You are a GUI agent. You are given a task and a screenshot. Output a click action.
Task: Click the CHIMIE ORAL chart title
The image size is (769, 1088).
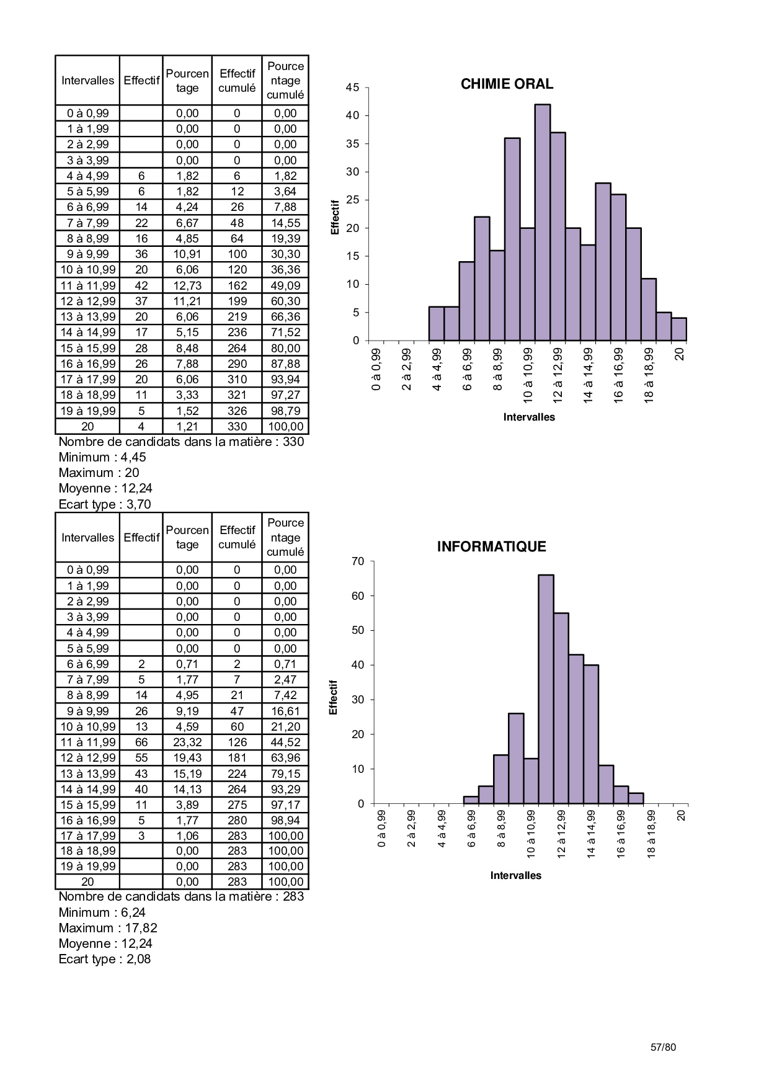[x=507, y=84]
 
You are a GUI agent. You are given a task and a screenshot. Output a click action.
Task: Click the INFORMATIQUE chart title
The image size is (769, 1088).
[x=491, y=546]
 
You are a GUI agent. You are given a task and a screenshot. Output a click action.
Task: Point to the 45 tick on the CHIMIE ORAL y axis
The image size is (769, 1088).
[x=352, y=87]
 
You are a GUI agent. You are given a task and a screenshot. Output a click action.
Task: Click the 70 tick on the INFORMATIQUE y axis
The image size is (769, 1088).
[x=358, y=561]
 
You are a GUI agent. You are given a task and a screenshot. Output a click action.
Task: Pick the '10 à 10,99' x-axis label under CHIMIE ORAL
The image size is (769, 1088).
[x=528, y=375]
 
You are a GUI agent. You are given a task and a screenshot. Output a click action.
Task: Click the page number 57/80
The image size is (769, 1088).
[x=663, y=1047]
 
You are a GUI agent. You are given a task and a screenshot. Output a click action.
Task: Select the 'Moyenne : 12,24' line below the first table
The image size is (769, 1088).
[x=105, y=488]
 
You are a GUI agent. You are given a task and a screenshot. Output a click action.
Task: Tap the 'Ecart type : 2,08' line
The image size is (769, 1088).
[x=104, y=959]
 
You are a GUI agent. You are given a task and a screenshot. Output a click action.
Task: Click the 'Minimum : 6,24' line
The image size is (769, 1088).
[x=102, y=912]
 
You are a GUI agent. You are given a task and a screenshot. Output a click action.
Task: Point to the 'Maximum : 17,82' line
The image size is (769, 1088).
[x=108, y=928]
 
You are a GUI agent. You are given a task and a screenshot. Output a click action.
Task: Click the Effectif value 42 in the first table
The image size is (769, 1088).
[x=141, y=285]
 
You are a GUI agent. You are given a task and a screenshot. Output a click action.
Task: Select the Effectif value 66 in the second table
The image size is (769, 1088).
[x=141, y=742]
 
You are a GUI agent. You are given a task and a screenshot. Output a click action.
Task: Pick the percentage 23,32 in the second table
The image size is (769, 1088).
[x=187, y=742]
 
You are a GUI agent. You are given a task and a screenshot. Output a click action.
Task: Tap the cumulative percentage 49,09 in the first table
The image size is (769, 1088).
[x=285, y=285]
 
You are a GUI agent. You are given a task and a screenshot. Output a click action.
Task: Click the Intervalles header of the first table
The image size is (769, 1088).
[x=87, y=81]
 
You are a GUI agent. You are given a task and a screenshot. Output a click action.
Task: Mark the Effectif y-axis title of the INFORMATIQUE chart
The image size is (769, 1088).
[x=334, y=697]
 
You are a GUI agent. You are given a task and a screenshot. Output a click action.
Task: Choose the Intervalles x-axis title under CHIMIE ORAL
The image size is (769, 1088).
[x=529, y=417]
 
